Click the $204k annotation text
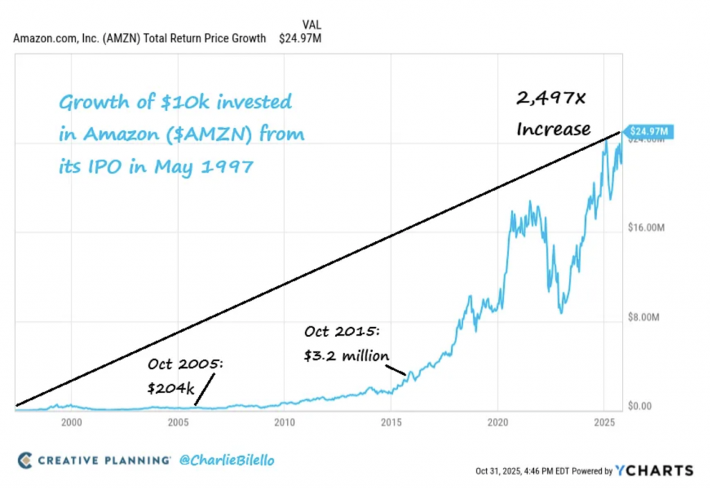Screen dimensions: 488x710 (x=171, y=389)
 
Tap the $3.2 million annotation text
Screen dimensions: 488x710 (x=347, y=356)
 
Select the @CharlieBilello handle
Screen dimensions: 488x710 (x=227, y=460)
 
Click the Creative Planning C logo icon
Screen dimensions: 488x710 (x=25, y=460)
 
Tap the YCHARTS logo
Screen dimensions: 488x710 (x=655, y=470)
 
